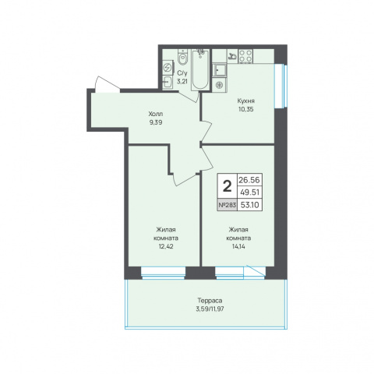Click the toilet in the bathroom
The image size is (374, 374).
point(183,58)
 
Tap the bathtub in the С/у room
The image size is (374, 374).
point(200,70)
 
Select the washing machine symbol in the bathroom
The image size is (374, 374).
point(168,68)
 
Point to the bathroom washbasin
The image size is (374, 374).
point(168,83)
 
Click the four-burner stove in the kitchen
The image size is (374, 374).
point(245,56)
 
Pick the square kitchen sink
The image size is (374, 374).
point(220,69)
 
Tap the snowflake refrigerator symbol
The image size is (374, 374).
point(220,85)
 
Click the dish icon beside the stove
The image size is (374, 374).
point(233,56)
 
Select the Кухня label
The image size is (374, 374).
point(245,101)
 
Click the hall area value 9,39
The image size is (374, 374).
point(156,122)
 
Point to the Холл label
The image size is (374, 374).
point(156,114)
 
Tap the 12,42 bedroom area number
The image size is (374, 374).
point(166,246)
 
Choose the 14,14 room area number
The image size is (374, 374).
point(238,246)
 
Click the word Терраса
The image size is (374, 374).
point(210,301)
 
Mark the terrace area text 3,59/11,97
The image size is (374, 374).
point(210,309)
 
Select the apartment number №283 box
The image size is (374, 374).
point(228,205)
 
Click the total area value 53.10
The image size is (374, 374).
point(249,205)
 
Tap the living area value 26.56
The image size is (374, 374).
point(249,180)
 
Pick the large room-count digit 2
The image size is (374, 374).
point(228,186)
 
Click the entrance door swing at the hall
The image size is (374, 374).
point(107,84)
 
